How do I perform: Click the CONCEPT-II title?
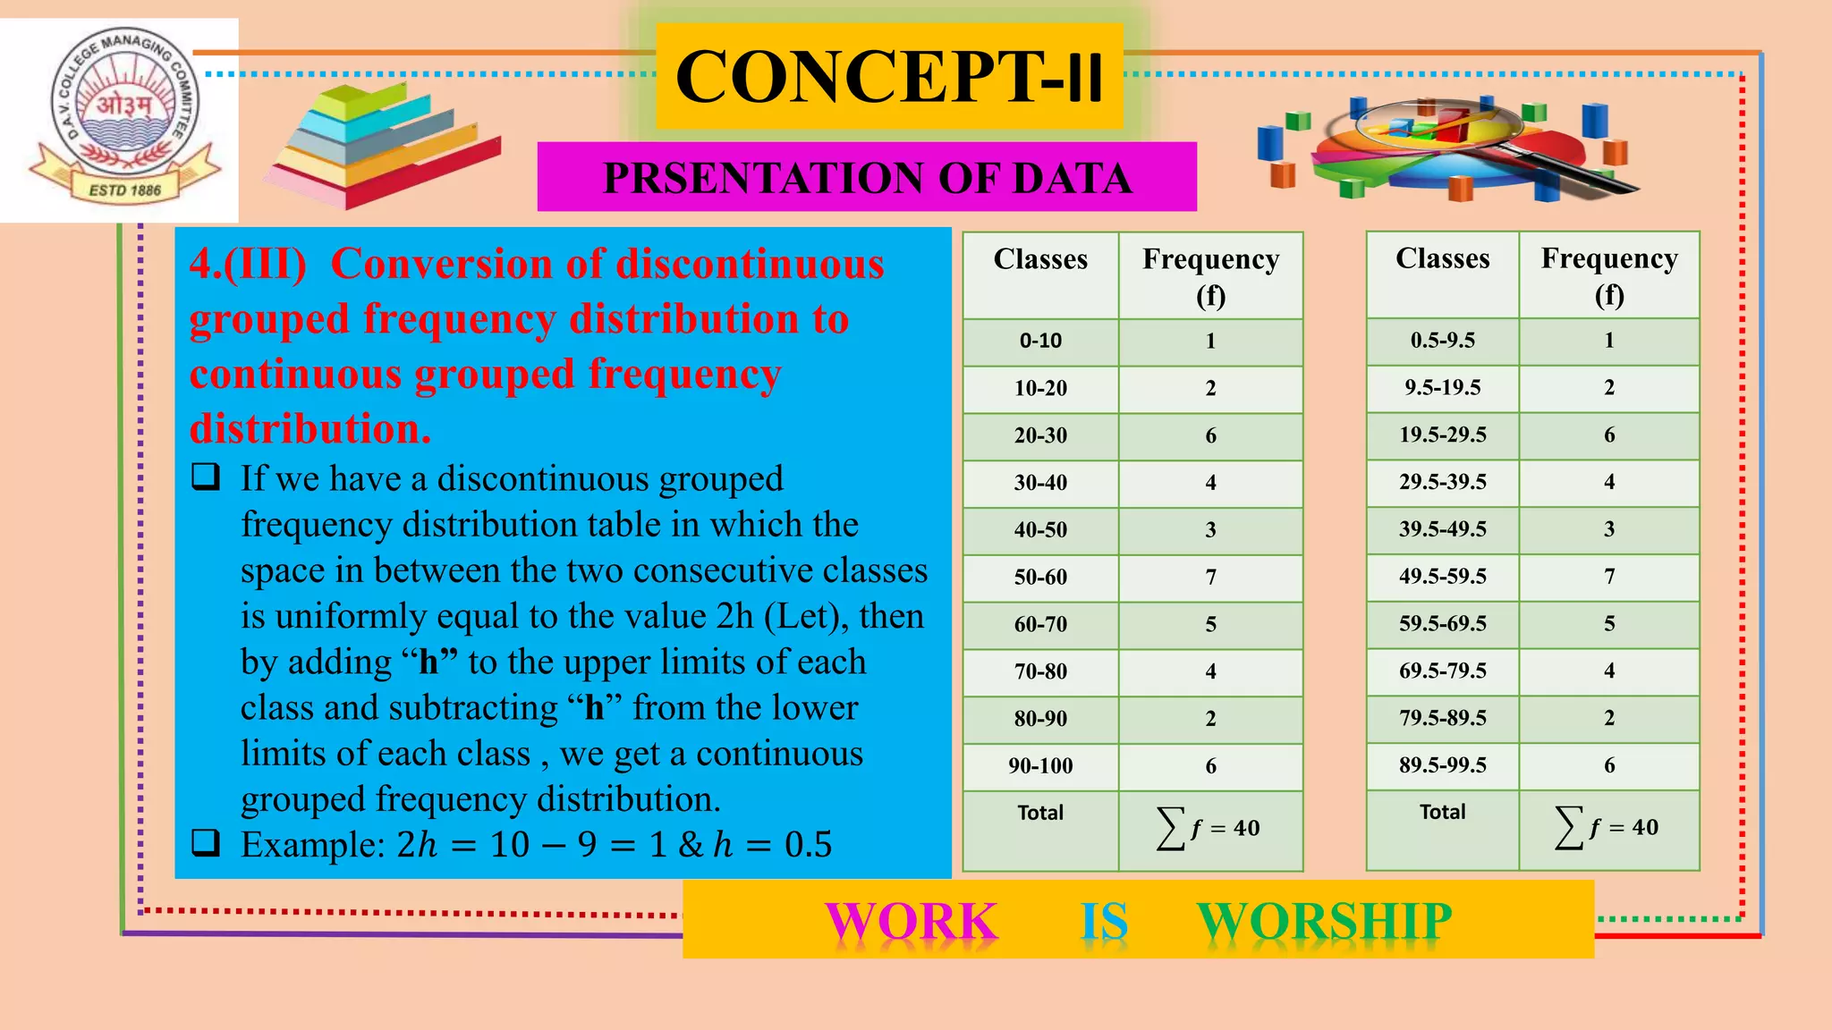(x=889, y=77)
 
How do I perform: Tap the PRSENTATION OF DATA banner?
(x=867, y=177)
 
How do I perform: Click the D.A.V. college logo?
(x=123, y=116)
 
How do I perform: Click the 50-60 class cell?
(x=1040, y=578)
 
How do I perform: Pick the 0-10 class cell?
(x=1040, y=342)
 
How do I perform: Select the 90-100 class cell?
(x=1040, y=766)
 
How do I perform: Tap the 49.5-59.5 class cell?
(x=1442, y=577)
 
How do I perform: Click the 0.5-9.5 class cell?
(x=1442, y=341)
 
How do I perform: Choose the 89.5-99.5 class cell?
(x=1442, y=765)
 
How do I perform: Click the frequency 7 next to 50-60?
(x=1210, y=578)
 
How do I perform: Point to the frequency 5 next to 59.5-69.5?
(x=1608, y=624)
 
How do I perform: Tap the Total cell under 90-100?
(x=1040, y=813)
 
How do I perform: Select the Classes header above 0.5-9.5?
(x=1442, y=259)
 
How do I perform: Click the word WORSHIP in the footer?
(x=1324, y=921)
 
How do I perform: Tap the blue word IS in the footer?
(x=1104, y=921)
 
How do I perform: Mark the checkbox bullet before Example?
(x=206, y=842)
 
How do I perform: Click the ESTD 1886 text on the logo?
(x=124, y=190)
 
